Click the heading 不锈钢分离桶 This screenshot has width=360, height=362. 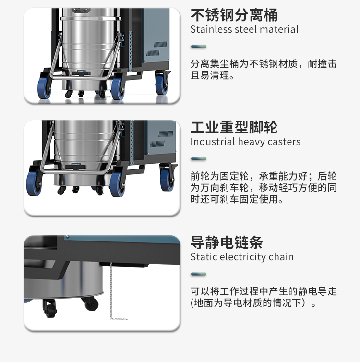point(234,15)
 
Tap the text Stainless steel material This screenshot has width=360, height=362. point(244,29)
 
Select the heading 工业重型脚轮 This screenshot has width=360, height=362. point(234,127)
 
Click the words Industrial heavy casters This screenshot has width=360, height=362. point(245,142)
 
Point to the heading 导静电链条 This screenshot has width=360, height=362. point(227,242)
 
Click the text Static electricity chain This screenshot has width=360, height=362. point(242,257)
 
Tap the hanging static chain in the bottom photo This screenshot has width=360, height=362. point(111,288)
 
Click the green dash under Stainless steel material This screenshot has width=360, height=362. point(198,47)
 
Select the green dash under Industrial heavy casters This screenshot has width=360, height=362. point(198,159)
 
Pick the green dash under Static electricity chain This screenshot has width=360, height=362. point(198,274)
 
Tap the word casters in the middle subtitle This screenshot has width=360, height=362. point(285,142)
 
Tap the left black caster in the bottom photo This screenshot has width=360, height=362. point(50,310)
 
